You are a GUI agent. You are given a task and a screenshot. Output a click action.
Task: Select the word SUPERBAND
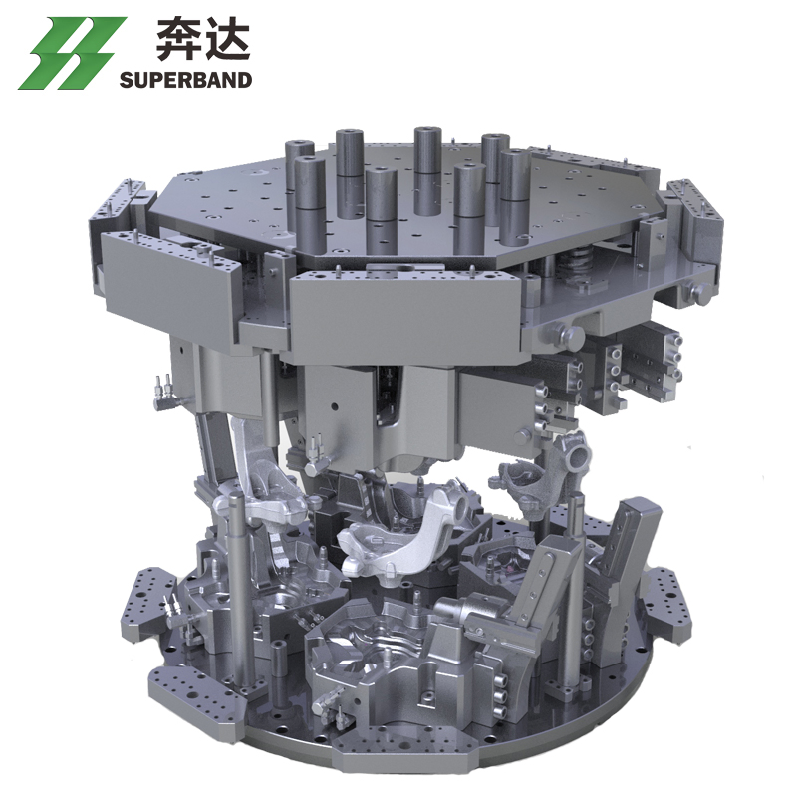[186, 80]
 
